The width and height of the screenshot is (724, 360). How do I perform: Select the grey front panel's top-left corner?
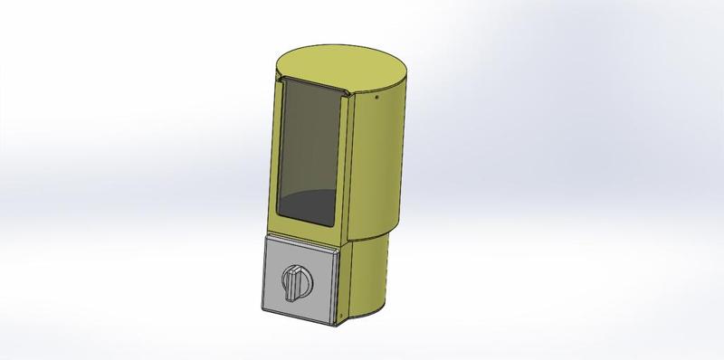[x=266, y=237]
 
